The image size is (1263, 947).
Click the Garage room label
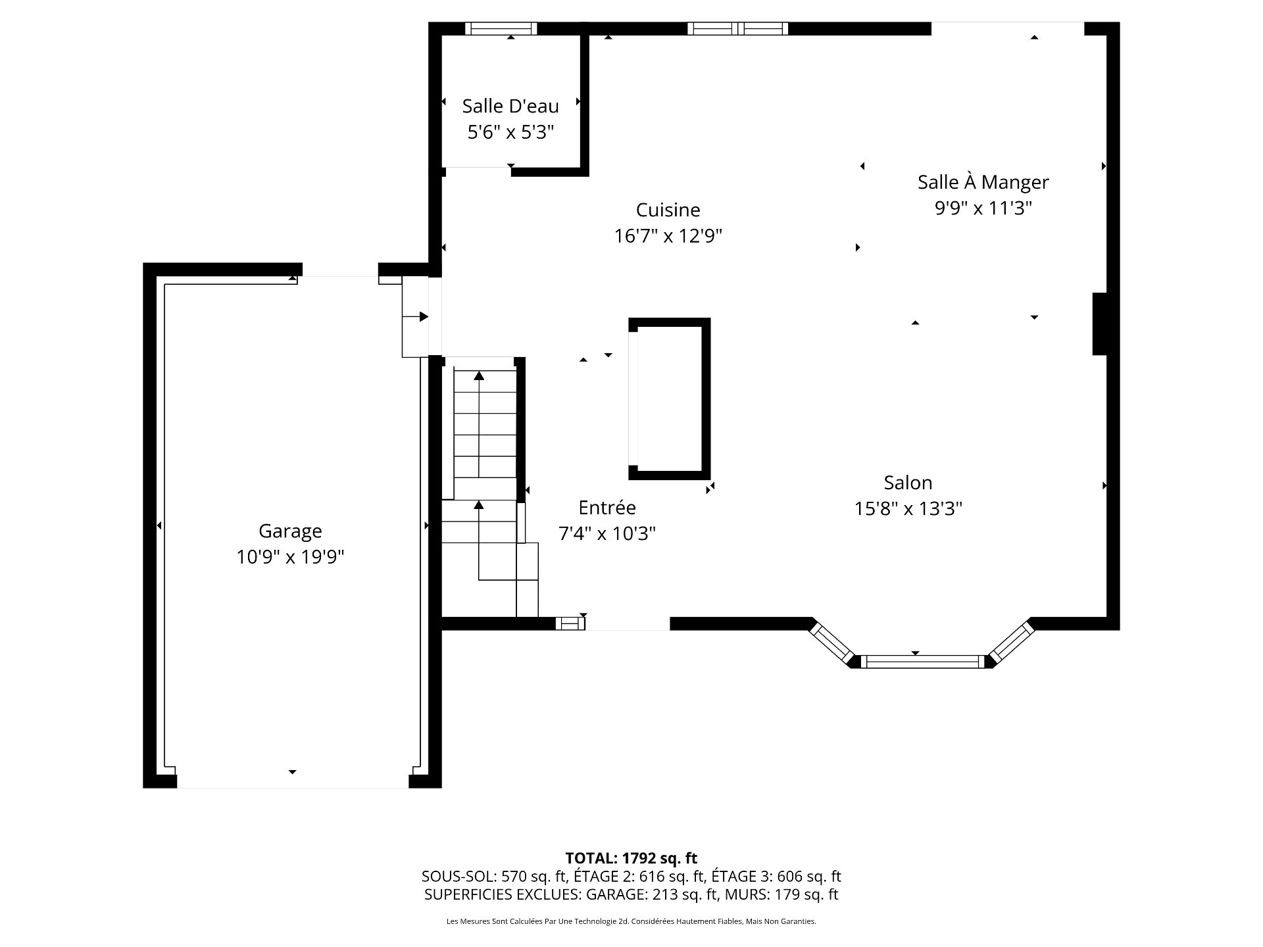290,531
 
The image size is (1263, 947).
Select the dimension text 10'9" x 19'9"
290,558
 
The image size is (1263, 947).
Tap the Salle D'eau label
510,106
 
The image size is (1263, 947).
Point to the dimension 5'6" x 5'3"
510,132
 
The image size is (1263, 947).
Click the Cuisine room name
668,210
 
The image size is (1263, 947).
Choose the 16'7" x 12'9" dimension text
668,236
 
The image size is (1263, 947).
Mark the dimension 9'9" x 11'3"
983,208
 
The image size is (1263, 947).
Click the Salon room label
908,483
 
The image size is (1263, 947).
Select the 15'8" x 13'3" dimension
908,509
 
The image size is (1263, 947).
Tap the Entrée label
607,508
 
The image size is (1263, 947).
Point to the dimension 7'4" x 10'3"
607,533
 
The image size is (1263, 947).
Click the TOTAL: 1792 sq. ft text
631,858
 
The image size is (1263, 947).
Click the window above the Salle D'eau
501,28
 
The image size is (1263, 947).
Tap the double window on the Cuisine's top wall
737,28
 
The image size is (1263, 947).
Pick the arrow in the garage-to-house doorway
415,317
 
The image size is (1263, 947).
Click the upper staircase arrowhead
479,376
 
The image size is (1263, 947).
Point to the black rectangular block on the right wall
1100,324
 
